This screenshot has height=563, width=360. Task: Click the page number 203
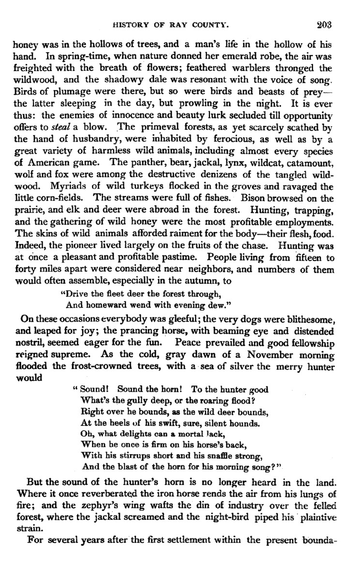pos(321,23)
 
